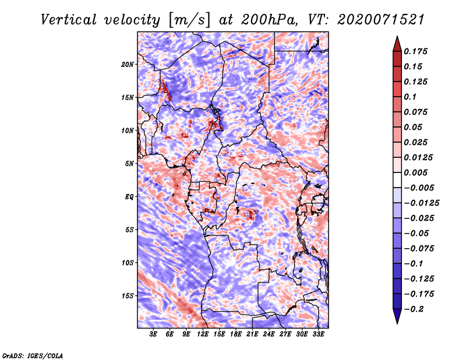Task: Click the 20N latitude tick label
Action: click(128, 64)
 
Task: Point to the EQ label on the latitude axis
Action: click(129, 197)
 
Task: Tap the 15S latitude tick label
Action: click(128, 296)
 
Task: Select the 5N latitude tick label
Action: click(129, 164)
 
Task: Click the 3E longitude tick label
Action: click(153, 334)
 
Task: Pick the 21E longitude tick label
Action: click(252, 334)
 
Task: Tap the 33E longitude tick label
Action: click(318, 334)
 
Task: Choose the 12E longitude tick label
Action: click(203, 334)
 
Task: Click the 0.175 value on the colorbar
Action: click(415, 51)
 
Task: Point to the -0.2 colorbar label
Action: click(414, 309)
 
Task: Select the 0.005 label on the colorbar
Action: click(415, 172)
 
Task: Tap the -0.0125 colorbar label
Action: click(421, 203)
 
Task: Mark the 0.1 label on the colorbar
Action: click(410, 97)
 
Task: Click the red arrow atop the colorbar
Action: click(397, 44)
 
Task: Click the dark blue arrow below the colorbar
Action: click(397, 316)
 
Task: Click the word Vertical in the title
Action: click(68, 20)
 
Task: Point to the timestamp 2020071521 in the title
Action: click(381, 20)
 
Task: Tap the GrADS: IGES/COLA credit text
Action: click(33, 355)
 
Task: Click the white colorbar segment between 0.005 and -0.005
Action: click(397, 180)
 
